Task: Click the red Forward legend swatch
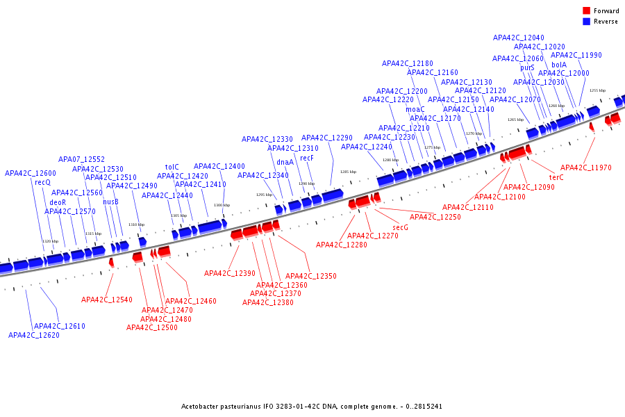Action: pos(586,10)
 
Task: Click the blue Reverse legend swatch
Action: pos(586,22)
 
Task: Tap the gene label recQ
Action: pos(42,183)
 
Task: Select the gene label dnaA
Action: pos(285,163)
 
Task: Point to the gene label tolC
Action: pos(172,167)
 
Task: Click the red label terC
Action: pos(556,178)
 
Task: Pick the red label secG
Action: pos(400,227)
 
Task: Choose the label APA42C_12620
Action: pos(34,335)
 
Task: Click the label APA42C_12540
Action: pos(107,300)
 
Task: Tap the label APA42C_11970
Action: pos(586,167)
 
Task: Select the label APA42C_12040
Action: pos(519,38)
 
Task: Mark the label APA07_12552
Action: pos(81,159)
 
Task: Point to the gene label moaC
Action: pos(415,109)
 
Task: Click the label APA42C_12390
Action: pos(230,273)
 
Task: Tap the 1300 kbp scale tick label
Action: pos(222,205)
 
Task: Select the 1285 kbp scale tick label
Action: pos(348,172)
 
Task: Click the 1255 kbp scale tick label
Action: pos(597,90)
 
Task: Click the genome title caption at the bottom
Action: pos(312,406)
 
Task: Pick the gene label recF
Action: pos(307,158)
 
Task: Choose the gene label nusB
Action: pos(110,202)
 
